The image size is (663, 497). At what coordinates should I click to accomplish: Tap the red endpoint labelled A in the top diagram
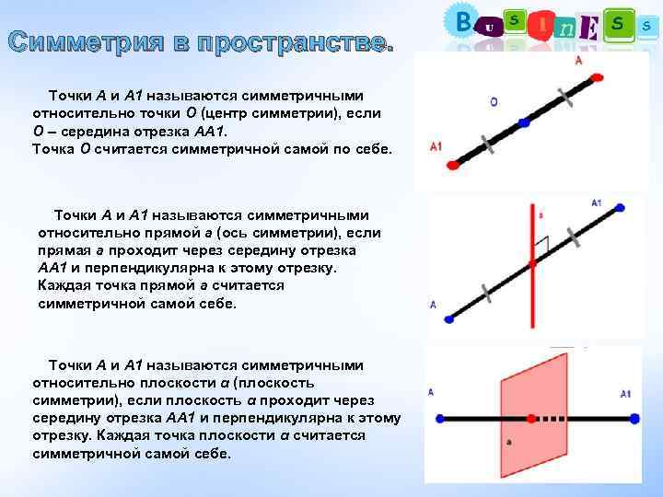click(597, 76)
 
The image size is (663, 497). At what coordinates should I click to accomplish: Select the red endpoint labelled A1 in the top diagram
click(452, 165)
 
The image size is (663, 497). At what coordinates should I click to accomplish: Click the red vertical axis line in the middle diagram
click(530, 276)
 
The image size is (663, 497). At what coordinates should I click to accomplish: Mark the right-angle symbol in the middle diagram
click(543, 245)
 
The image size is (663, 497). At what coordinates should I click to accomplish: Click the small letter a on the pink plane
click(508, 444)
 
